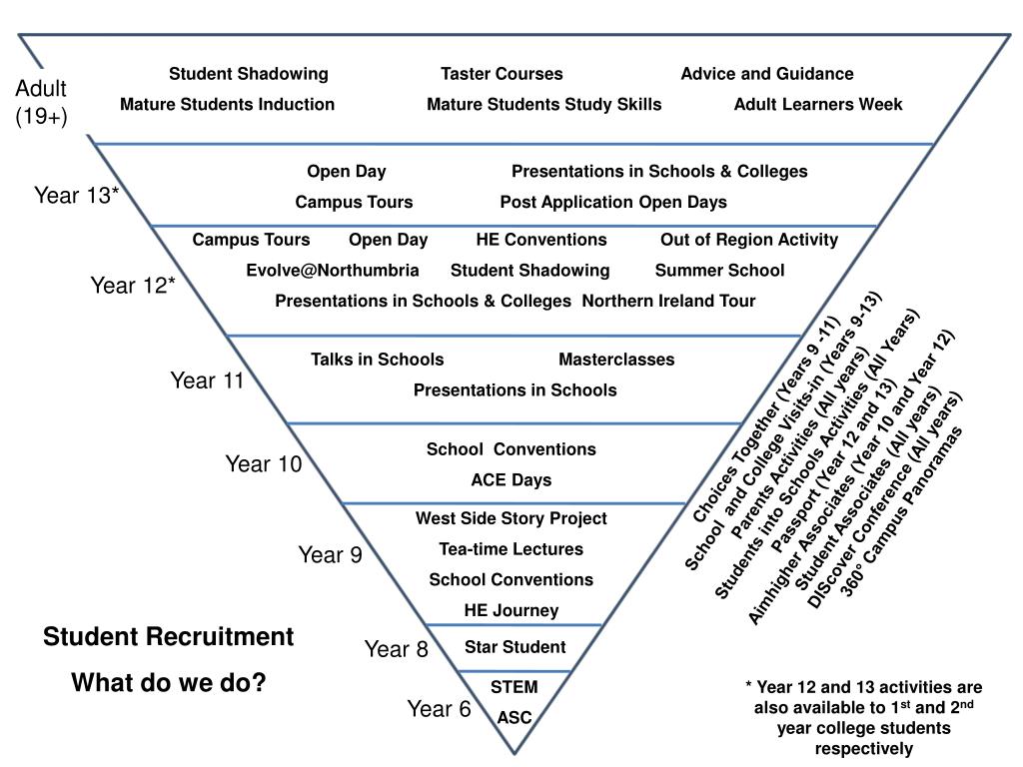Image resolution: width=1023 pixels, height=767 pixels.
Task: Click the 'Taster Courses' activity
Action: (502, 74)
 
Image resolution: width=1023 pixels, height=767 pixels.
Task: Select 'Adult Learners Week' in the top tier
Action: (817, 104)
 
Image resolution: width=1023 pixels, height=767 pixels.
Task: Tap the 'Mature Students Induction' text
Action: (227, 104)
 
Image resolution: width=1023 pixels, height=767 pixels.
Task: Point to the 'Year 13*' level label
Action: (77, 195)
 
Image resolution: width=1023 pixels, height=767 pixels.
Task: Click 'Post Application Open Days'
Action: (613, 202)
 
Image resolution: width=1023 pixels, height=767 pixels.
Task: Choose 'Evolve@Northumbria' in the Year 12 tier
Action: (333, 271)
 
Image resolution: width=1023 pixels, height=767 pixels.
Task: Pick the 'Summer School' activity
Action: (719, 271)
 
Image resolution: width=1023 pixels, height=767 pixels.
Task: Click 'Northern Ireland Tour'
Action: (668, 301)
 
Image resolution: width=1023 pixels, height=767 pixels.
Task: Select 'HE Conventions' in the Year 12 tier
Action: (541, 240)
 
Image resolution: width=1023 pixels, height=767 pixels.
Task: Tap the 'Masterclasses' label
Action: (616, 360)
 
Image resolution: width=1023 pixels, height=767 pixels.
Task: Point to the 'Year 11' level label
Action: (207, 381)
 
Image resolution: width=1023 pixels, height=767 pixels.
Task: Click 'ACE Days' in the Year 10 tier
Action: (511, 479)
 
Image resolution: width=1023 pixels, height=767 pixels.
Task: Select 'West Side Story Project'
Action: (511, 518)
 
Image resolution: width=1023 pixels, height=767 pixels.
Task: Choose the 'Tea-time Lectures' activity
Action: (511, 548)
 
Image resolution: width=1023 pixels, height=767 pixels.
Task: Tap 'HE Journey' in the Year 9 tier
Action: (511, 610)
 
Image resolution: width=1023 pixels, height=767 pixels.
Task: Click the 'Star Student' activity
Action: (514, 647)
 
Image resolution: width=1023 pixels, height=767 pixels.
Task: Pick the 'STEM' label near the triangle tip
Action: (513, 687)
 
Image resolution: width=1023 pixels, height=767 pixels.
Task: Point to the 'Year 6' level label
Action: (439, 709)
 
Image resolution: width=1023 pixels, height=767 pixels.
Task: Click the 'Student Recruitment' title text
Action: (168, 637)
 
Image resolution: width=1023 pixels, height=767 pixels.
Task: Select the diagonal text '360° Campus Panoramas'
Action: (902, 513)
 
